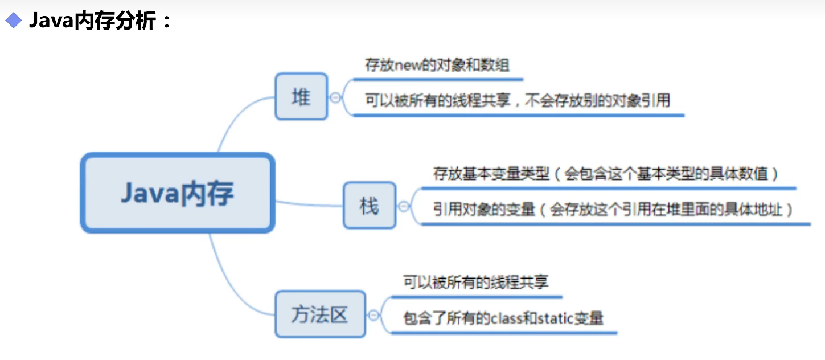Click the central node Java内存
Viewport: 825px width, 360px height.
pyautogui.click(x=177, y=193)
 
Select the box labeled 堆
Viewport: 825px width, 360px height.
pyautogui.click(x=301, y=96)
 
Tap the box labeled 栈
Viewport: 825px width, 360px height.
pyautogui.click(x=369, y=206)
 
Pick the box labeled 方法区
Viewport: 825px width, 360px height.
pyautogui.click(x=320, y=314)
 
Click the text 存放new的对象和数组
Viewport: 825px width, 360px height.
pyautogui.click(x=437, y=65)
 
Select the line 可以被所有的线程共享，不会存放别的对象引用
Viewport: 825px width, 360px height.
pyautogui.click(x=518, y=101)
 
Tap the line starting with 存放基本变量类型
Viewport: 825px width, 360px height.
pyautogui.click(x=605, y=174)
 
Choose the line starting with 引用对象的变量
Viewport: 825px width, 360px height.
pyautogui.click(x=613, y=210)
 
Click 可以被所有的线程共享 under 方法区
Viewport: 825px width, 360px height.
pyautogui.click(x=476, y=282)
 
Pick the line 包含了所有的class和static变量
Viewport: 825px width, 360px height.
pyautogui.click(x=503, y=318)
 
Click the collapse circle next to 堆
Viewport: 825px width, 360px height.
pyautogui.click(x=335, y=97)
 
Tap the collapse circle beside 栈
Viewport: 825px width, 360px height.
pyautogui.click(x=404, y=206)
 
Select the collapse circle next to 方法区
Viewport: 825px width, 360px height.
pyautogui.click(x=373, y=314)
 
